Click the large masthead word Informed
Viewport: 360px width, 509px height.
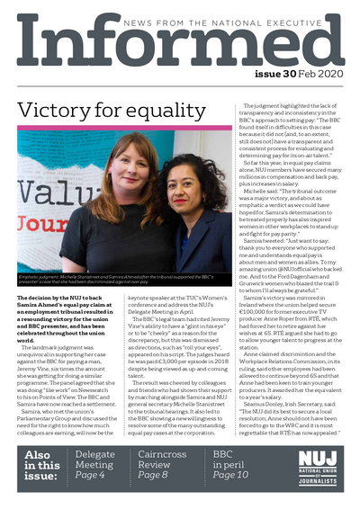[180, 50]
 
